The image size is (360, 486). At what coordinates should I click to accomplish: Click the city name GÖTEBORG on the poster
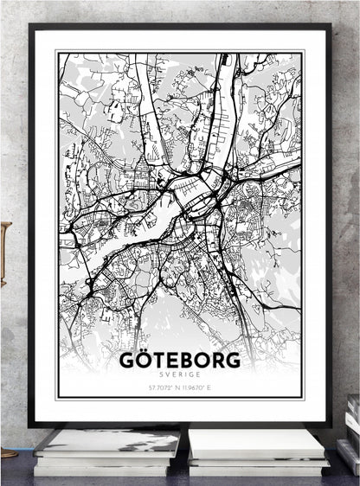pyautogui.click(x=180, y=358)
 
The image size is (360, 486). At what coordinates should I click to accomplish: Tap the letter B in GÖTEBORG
pyautogui.click(x=191, y=358)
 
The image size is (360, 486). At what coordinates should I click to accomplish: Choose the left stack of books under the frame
pyautogui.click(x=106, y=451)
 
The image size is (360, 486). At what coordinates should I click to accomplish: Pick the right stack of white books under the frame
pyautogui.click(x=257, y=451)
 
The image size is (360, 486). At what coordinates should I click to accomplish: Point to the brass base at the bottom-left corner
pyautogui.click(x=7, y=452)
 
